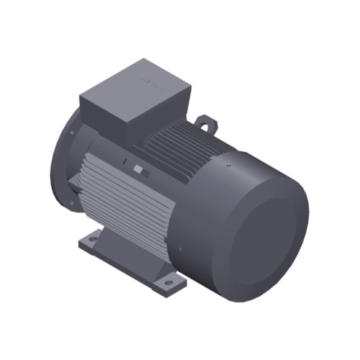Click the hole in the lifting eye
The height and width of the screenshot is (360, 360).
[x=207, y=124]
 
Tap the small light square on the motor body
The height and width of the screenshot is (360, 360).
[x=138, y=170]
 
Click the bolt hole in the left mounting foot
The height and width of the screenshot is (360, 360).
[x=92, y=236]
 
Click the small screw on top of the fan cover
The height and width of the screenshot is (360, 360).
[x=228, y=168]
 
